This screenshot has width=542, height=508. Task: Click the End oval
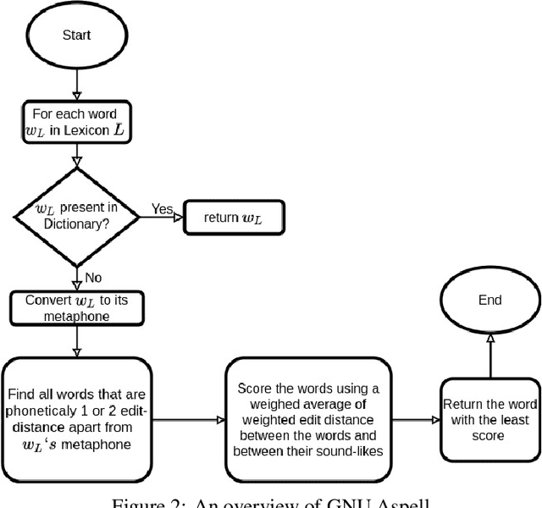click(x=489, y=299)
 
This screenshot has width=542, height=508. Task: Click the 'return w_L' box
click(x=233, y=217)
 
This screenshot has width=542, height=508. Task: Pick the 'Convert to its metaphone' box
click(x=78, y=308)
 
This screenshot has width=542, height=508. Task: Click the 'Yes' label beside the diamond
click(x=163, y=208)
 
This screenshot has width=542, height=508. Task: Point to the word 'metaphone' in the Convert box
click(x=78, y=317)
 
